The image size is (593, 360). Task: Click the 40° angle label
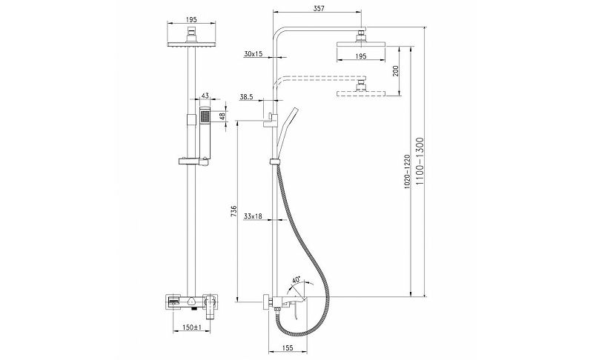click(296, 280)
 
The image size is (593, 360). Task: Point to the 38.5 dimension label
click(248, 97)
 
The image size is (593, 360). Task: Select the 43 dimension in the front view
click(205, 96)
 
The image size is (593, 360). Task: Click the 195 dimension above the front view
click(191, 18)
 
